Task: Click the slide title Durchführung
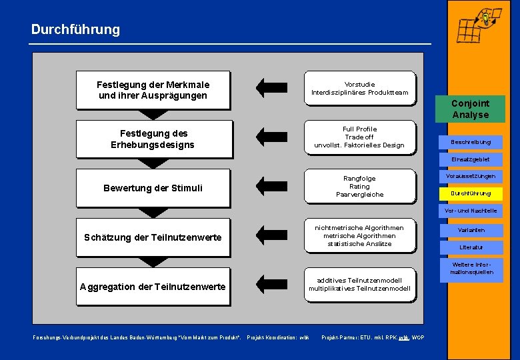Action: (x=75, y=29)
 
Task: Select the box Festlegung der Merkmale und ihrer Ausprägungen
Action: (x=153, y=90)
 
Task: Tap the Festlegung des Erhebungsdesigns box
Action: (x=153, y=139)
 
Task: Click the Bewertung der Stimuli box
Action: (x=153, y=188)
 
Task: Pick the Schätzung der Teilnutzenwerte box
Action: (x=153, y=237)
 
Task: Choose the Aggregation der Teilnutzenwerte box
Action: (x=153, y=287)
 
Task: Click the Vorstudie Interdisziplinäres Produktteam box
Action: (x=359, y=89)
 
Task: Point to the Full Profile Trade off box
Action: (x=359, y=137)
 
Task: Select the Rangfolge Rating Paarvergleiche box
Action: (x=359, y=187)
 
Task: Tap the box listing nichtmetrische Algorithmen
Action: (x=359, y=236)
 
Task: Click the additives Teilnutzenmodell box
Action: (x=359, y=285)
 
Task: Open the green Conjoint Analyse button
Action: (x=470, y=109)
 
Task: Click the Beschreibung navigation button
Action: (x=471, y=142)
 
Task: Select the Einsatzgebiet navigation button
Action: (x=471, y=159)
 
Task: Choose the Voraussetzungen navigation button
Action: (x=471, y=177)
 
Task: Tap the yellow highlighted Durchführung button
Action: (x=471, y=194)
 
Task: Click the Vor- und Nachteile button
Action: (x=471, y=211)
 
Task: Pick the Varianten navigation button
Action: (x=471, y=230)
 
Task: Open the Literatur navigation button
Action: (x=471, y=247)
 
